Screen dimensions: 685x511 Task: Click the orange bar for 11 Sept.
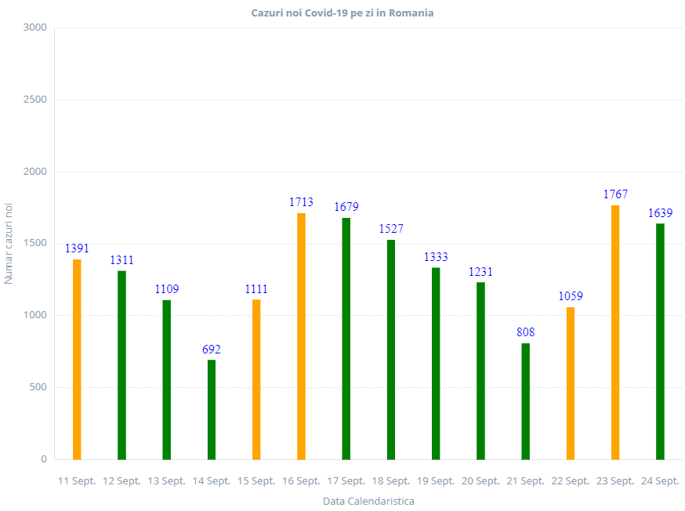point(77,360)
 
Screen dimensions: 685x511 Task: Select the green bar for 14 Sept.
point(212,410)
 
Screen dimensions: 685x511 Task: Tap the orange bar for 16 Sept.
point(301,336)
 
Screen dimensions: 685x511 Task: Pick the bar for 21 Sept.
point(526,401)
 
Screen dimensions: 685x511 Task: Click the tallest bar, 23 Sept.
point(615,332)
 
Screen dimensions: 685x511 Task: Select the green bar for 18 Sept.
point(391,350)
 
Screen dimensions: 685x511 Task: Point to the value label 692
point(212,350)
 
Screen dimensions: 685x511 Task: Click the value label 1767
point(615,194)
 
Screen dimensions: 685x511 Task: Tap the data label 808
point(526,332)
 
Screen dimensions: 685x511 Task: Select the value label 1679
point(346,207)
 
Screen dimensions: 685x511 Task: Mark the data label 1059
point(571,296)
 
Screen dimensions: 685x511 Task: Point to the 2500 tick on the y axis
point(35,100)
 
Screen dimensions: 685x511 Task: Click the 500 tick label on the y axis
point(38,387)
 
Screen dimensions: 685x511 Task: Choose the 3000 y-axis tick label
point(35,27)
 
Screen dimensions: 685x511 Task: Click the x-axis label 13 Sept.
point(166,481)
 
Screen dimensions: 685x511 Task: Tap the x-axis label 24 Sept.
point(660,481)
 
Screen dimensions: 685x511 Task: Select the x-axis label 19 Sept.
point(436,481)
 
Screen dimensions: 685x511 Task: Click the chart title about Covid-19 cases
point(342,13)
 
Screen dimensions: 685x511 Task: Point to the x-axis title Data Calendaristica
point(368,501)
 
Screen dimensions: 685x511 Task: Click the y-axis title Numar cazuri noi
point(9,244)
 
